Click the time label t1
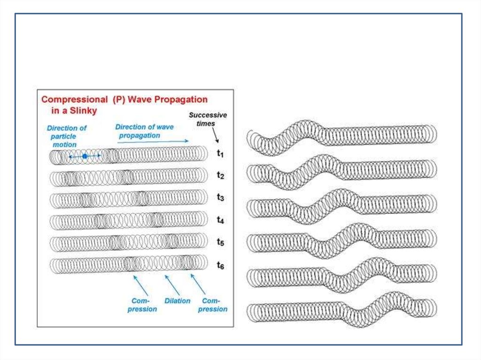coord(220,153)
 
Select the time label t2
coord(220,176)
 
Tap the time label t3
coord(220,198)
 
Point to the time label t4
coord(220,220)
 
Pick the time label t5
coord(220,242)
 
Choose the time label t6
coord(220,266)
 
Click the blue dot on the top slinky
coord(85,156)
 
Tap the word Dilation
coord(177,301)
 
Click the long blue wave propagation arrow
coord(153,140)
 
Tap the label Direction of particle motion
coord(66,136)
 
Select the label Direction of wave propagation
coord(144,131)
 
